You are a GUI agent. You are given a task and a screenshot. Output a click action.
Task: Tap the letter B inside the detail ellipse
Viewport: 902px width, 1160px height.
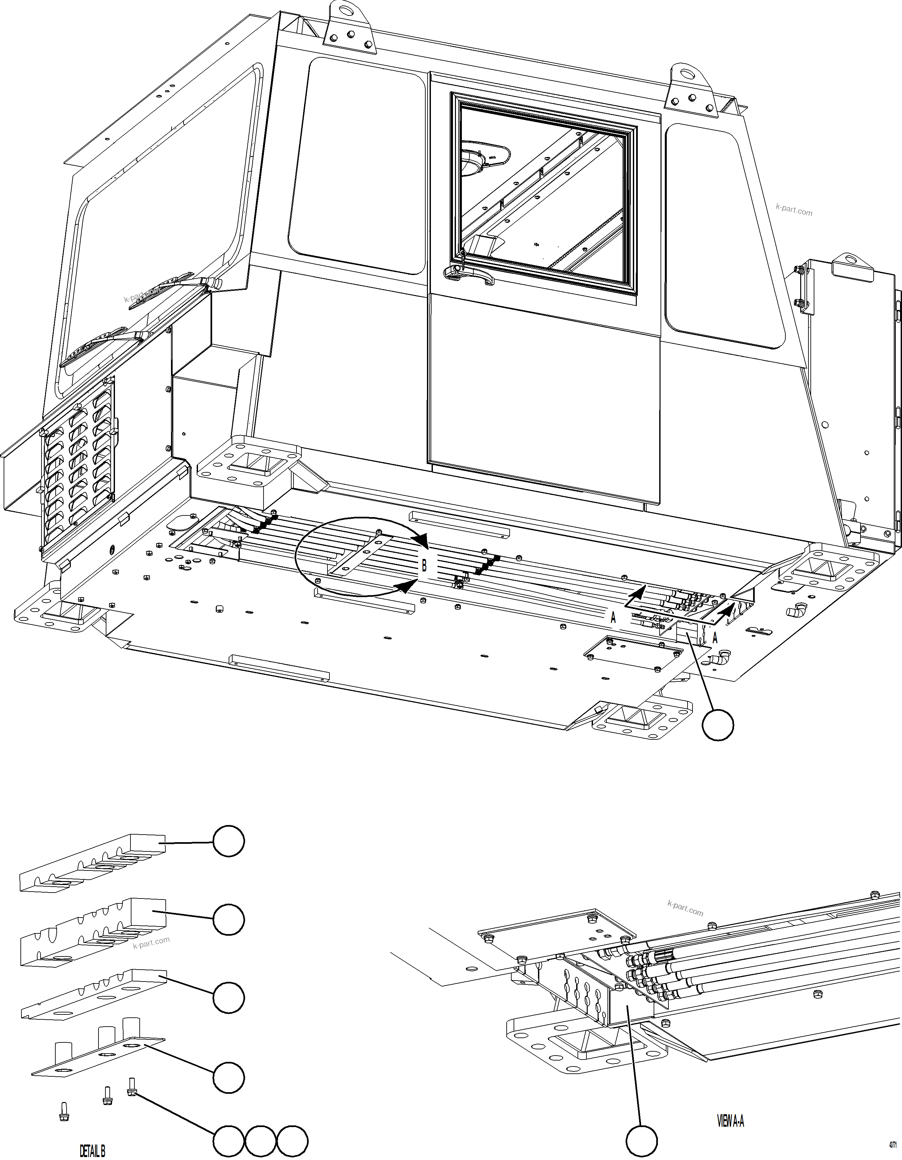pos(424,566)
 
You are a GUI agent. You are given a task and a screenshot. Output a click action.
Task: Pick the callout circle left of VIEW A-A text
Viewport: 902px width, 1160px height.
pos(641,1137)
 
